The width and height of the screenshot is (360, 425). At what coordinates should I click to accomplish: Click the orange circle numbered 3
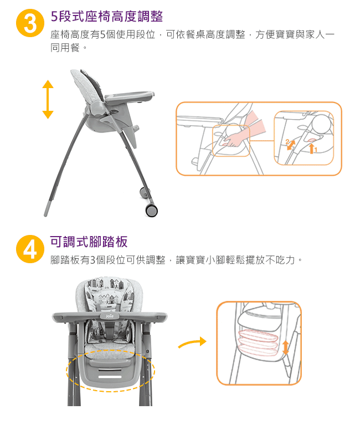pyautogui.click(x=30, y=23)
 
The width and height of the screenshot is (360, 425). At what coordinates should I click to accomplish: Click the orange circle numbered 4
pyautogui.click(x=30, y=249)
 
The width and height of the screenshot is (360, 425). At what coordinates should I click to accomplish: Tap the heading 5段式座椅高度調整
pyautogui.click(x=107, y=16)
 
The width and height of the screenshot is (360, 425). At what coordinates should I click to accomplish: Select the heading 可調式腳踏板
pyautogui.click(x=89, y=242)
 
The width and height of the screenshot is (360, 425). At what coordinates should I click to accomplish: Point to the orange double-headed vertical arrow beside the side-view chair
pyautogui.click(x=48, y=99)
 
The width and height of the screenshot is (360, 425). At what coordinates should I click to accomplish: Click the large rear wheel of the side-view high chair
pyautogui.click(x=151, y=210)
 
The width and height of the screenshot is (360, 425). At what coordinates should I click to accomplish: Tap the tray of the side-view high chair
pyautogui.click(x=130, y=96)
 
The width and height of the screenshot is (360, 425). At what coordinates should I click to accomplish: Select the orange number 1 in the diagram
pyautogui.click(x=316, y=150)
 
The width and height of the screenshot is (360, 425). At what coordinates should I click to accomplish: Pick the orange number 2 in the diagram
pyautogui.click(x=287, y=142)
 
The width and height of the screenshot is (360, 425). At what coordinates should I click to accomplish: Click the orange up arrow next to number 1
pyautogui.click(x=312, y=149)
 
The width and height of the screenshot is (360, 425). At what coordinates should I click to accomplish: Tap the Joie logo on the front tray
pyautogui.click(x=110, y=316)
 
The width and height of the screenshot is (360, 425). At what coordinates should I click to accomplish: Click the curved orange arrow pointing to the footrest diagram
pyautogui.click(x=192, y=342)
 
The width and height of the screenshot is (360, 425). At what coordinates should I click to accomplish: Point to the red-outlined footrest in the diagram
pyautogui.click(x=258, y=343)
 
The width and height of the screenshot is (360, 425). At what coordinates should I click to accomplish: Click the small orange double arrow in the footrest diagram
pyautogui.click(x=286, y=348)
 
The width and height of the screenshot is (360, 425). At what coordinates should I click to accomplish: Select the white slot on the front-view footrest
pyautogui.click(x=110, y=377)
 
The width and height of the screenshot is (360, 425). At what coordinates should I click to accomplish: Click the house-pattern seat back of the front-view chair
pyautogui.click(x=110, y=294)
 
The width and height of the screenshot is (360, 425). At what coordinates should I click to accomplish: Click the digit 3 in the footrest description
pyautogui.click(x=92, y=260)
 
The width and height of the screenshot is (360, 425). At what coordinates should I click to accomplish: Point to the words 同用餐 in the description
pyautogui.click(x=65, y=48)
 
